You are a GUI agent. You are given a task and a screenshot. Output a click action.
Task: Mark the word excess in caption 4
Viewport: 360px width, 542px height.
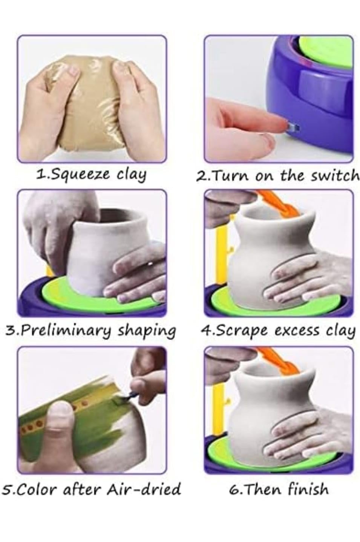[x=298, y=331]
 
